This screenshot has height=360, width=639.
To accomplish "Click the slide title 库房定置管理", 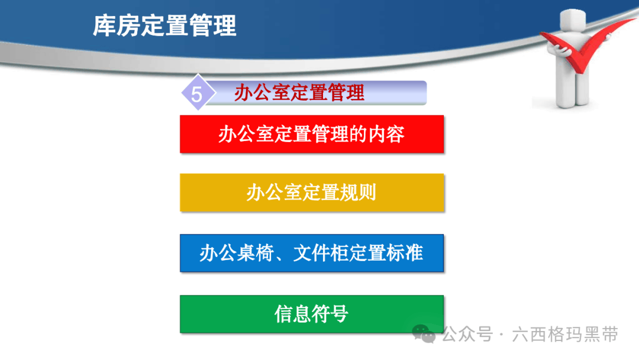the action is [x=164, y=25].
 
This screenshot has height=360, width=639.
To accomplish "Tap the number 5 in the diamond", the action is [x=196, y=95].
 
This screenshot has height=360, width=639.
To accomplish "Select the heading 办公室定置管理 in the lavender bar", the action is [x=299, y=92].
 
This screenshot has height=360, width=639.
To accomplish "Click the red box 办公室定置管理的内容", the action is [x=312, y=134].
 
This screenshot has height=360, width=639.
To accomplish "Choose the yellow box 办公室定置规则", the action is [x=312, y=192].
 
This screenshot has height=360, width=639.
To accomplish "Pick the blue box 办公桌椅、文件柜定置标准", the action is [x=312, y=253].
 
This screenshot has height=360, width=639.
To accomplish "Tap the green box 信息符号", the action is [x=312, y=314].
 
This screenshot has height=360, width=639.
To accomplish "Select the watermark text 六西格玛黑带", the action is [x=565, y=335].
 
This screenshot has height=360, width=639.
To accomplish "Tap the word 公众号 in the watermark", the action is [x=467, y=335].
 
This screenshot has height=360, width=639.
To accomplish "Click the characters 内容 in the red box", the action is [x=386, y=134].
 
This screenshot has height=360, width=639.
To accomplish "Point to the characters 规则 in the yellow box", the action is [x=358, y=192].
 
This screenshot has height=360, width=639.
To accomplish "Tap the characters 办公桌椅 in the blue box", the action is [x=237, y=253].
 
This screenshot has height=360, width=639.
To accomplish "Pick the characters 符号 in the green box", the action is [x=330, y=314].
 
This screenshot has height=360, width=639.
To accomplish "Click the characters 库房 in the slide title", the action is [x=116, y=25].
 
